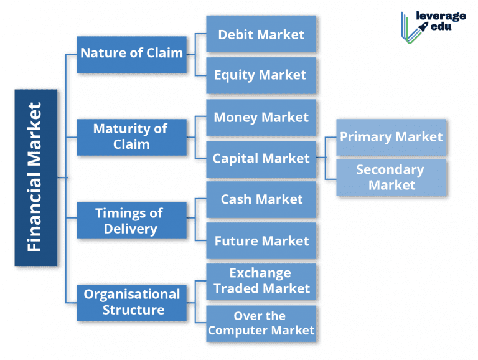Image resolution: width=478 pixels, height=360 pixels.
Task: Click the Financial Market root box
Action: [35, 178]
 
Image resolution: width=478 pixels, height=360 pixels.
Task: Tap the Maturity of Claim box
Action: [131, 137]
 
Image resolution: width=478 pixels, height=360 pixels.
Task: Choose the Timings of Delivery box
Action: [131, 220]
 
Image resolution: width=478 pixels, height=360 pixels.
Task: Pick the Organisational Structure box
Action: [131, 303]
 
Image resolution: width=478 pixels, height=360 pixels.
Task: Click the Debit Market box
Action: [261, 34]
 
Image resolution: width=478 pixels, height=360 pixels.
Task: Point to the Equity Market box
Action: [261, 75]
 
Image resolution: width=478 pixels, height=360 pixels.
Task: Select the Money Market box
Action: [261, 117]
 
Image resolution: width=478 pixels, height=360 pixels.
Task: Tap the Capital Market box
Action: [261, 158]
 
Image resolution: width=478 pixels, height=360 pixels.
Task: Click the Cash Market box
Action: [261, 199]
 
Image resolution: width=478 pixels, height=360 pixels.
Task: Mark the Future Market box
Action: [261, 240]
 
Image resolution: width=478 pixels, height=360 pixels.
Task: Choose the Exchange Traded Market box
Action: [261, 282]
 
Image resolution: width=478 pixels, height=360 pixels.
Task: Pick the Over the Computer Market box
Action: [261, 323]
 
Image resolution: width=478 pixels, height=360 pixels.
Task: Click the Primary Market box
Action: [391, 137]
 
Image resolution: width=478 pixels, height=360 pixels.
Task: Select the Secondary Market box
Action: [391, 178]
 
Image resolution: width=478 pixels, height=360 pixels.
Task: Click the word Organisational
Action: [132, 295]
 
